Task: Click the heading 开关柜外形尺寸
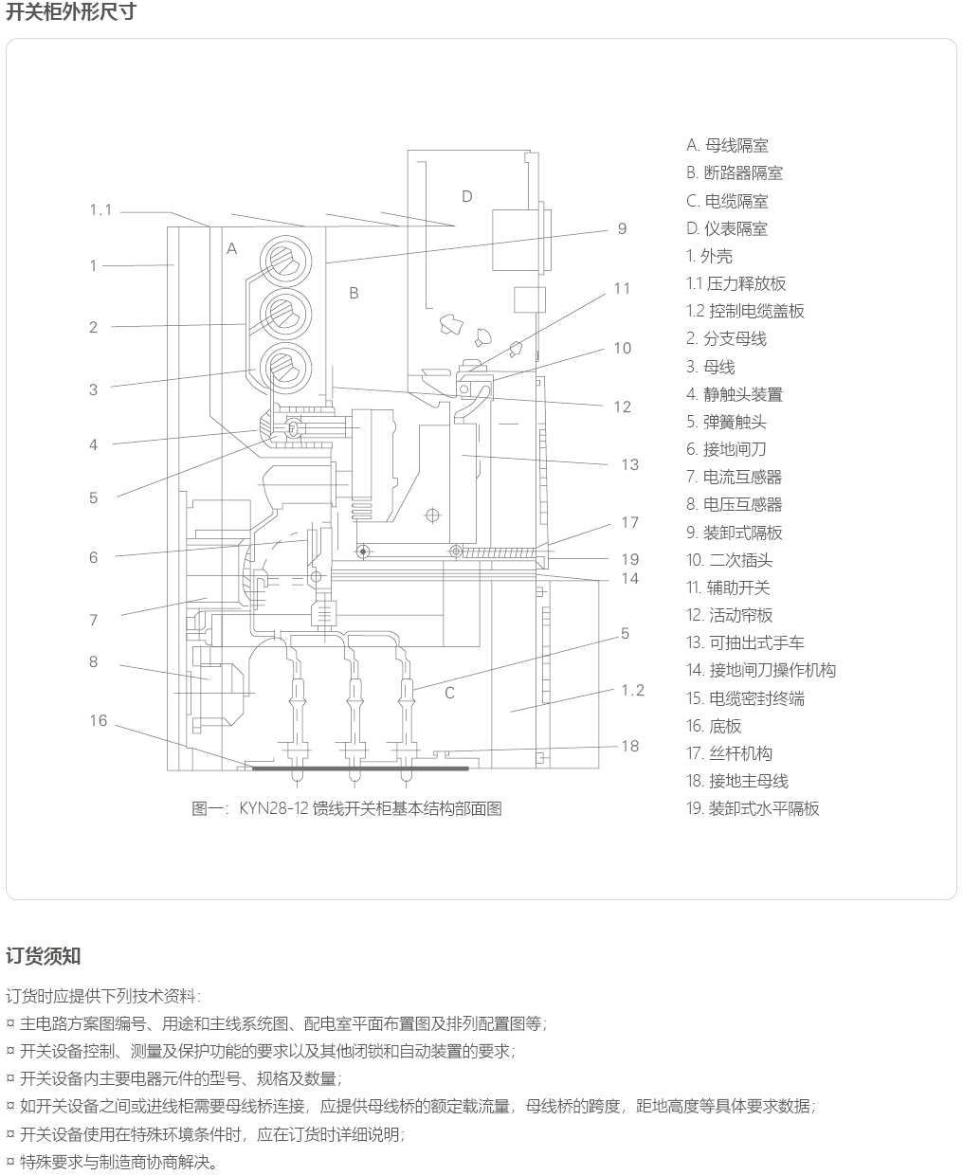click(70, 12)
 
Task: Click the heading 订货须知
click(44, 955)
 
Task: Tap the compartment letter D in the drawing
click(466, 196)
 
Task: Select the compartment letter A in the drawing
click(231, 248)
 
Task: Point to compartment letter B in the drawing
click(354, 293)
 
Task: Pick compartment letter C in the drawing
click(449, 693)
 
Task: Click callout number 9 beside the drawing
click(622, 228)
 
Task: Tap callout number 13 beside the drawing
click(630, 464)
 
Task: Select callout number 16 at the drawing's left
click(99, 721)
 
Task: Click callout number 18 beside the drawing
click(630, 746)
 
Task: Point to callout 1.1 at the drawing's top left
click(100, 209)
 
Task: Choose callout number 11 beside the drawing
click(622, 288)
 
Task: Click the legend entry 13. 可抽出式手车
click(745, 642)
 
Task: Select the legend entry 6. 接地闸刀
click(726, 449)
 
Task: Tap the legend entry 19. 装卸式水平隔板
click(753, 808)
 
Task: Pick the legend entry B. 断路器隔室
click(735, 172)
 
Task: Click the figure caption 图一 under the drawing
click(346, 808)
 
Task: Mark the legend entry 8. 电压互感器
click(735, 504)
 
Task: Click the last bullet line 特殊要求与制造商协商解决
click(118, 1162)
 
